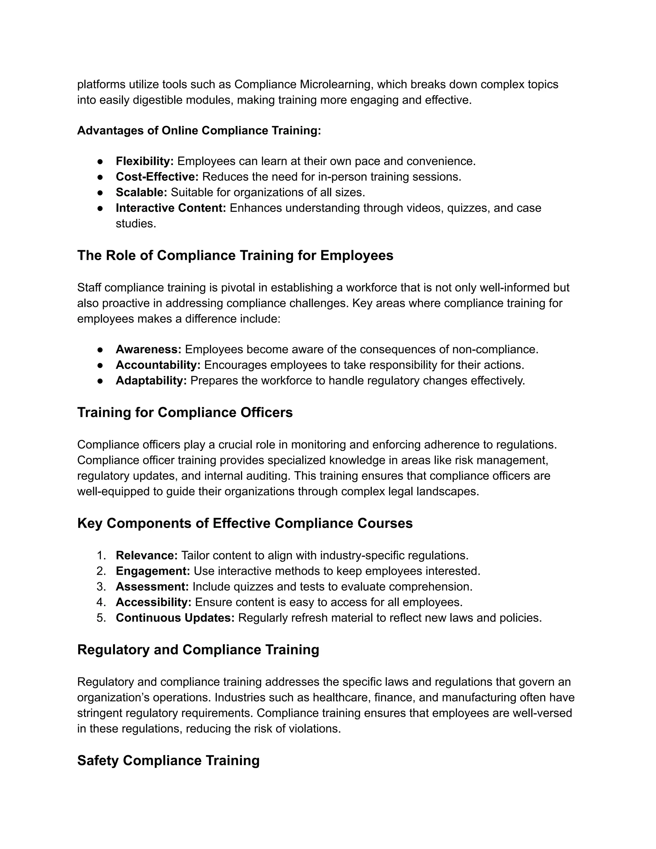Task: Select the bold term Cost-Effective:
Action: pyautogui.click(x=157, y=177)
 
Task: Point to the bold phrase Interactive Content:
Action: pyautogui.click(x=171, y=208)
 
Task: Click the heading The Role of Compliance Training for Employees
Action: pyautogui.click(x=235, y=255)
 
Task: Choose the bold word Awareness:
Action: pyautogui.click(x=148, y=350)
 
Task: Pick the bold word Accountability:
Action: pyautogui.click(x=158, y=365)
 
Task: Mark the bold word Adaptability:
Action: pyautogui.click(x=151, y=381)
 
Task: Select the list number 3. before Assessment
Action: pyautogui.click(x=101, y=587)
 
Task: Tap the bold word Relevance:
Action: pyautogui.click(x=146, y=556)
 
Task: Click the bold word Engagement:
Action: pyautogui.click(x=153, y=571)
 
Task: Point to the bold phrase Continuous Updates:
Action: pyautogui.click(x=175, y=618)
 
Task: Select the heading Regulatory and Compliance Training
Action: pyautogui.click(x=198, y=650)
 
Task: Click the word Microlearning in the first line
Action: pyautogui.click(x=336, y=84)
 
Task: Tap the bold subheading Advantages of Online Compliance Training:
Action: pyautogui.click(x=199, y=131)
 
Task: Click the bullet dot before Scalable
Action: pyautogui.click(x=100, y=193)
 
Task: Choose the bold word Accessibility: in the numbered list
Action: pyautogui.click(x=153, y=602)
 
